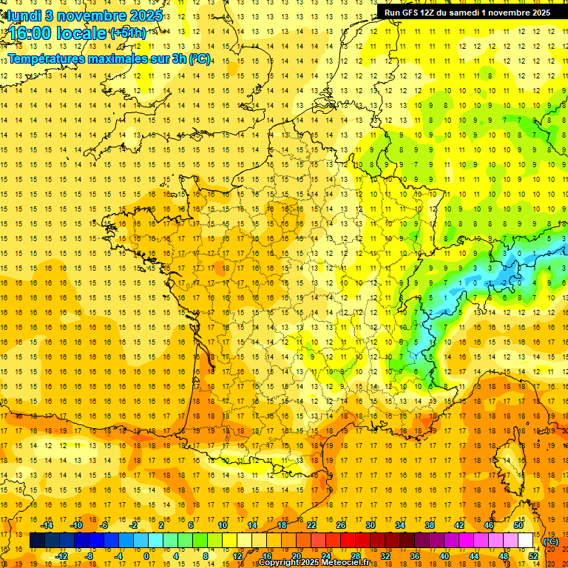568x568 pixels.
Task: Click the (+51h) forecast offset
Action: (128, 33)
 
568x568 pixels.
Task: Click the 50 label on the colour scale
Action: (518, 525)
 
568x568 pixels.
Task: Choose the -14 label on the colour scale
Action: (47, 525)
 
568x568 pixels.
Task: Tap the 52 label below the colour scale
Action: (533, 555)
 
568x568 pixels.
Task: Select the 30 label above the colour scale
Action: (371, 525)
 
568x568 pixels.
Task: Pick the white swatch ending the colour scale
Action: (526, 541)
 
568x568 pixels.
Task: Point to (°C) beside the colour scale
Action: (550, 541)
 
